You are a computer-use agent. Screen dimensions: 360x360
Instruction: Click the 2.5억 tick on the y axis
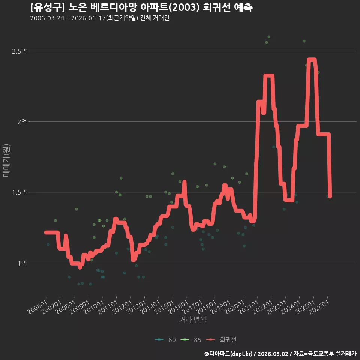[19, 51]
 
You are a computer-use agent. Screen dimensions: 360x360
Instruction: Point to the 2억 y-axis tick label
[22, 121]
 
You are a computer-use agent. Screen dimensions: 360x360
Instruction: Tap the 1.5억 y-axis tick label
[19, 192]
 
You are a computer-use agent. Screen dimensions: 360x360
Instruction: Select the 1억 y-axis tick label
[22, 263]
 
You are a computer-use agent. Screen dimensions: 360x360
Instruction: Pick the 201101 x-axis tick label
[108, 307]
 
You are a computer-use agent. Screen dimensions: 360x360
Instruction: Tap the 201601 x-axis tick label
[178, 307]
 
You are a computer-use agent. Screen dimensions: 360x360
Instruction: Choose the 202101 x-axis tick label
[248, 307]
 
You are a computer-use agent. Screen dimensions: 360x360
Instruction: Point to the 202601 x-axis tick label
[319, 307]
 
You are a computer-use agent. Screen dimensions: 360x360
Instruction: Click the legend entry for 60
[165, 340]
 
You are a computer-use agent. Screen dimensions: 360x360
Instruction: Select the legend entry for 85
[191, 340]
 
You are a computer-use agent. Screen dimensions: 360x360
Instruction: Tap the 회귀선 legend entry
[221, 340]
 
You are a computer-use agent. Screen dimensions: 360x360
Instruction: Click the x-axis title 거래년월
[193, 319]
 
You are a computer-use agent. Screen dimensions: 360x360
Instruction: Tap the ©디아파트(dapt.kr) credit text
[228, 354]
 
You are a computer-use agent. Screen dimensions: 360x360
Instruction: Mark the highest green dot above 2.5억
[269, 37]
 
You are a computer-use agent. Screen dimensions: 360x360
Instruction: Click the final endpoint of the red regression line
[330, 196]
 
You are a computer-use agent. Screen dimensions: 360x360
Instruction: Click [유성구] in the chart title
[48, 7]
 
